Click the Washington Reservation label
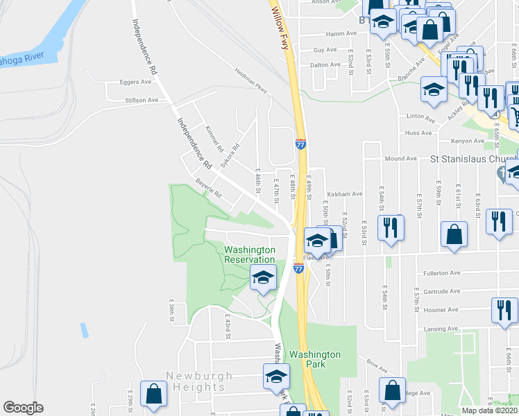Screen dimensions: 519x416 click(250, 254)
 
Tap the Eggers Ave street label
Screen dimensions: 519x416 click(135, 82)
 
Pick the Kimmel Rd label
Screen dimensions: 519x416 click(214, 139)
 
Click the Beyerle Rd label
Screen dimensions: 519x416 click(207, 187)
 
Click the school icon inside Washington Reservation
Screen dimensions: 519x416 click(263, 278)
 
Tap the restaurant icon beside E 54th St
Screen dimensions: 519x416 click(391, 226)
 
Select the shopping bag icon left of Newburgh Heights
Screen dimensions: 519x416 click(152, 394)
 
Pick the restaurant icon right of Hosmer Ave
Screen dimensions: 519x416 click(503, 309)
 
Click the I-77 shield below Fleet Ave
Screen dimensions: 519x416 click(298, 267)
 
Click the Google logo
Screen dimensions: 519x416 click(23, 408)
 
